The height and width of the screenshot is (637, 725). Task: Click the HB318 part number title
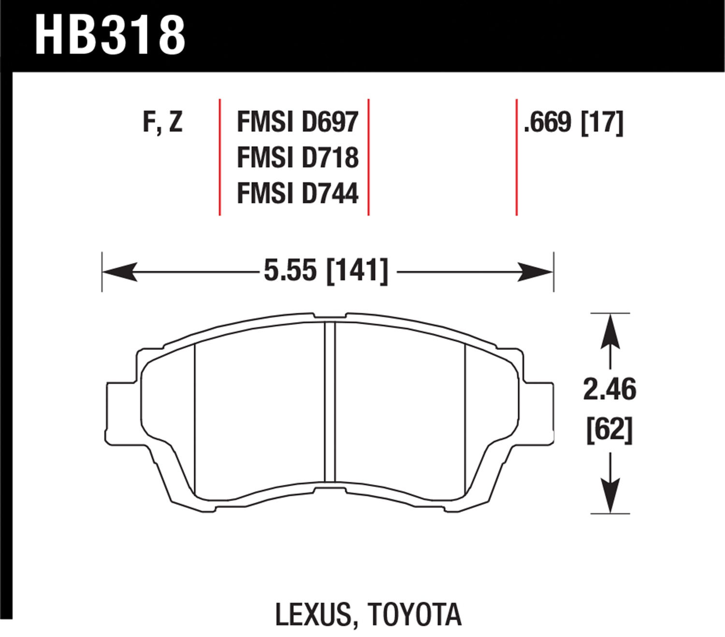110,35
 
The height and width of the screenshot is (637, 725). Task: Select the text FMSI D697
298,122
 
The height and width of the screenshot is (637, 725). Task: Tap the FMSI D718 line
298,158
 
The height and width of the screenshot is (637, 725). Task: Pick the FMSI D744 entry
298,193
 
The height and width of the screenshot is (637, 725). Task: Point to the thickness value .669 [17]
573,123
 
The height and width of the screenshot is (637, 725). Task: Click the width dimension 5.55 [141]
326,272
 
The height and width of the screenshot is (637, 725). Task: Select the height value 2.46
609,390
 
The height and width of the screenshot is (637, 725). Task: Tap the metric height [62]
610,430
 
